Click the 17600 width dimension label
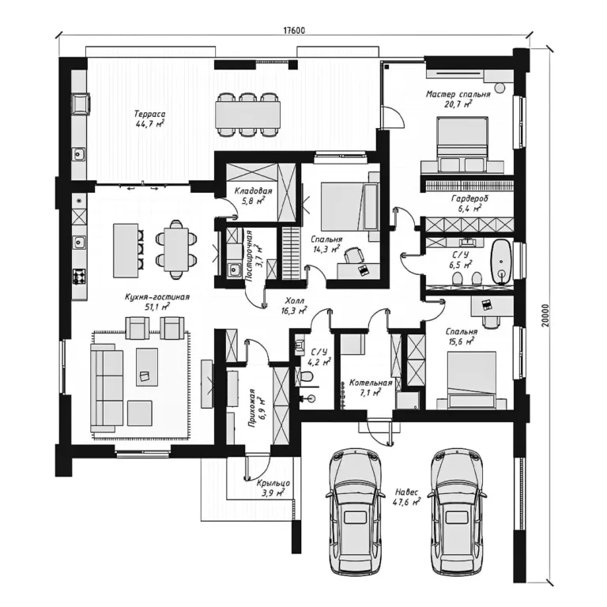[x=294, y=30]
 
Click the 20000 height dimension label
[x=545, y=315]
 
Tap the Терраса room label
[x=150, y=114]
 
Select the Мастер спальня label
[x=458, y=94]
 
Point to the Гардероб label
[x=469, y=199]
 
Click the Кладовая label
[x=254, y=191]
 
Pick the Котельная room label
[x=371, y=383]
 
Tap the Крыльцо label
[x=273, y=484]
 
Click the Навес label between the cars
[x=406, y=492]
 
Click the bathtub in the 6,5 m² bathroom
[x=501, y=262]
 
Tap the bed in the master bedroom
[x=462, y=145]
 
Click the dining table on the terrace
[x=248, y=115]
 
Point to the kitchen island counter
[x=126, y=251]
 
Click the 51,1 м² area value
[x=156, y=307]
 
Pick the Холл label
[x=295, y=300]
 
